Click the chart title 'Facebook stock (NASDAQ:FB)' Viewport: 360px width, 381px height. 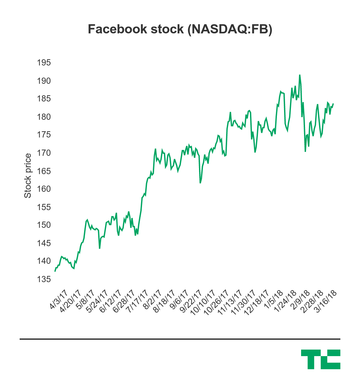pyautogui.click(x=180, y=29)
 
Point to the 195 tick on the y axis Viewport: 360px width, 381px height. pyautogui.click(x=44, y=63)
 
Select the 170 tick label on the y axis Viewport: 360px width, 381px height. pyautogui.click(x=44, y=153)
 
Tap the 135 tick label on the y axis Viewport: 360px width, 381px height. pyautogui.click(x=44, y=279)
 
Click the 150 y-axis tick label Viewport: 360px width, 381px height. pyautogui.click(x=44, y=225)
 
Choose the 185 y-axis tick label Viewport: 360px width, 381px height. pyautogui.click(x=44, y=99)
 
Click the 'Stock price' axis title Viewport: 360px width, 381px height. pyautogui.click(x=28, y=176)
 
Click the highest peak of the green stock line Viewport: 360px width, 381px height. pyautogui.click(x=299, y=75)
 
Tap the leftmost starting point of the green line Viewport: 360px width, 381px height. pyautogui.click(x=55, y=271)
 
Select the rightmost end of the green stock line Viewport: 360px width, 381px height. pyautogui.click(x=333, y=104)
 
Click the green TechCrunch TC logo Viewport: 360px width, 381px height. pyautogui.click(x=320, y=359)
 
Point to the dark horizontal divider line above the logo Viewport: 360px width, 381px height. pyautogui.click(x=180, y=339)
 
